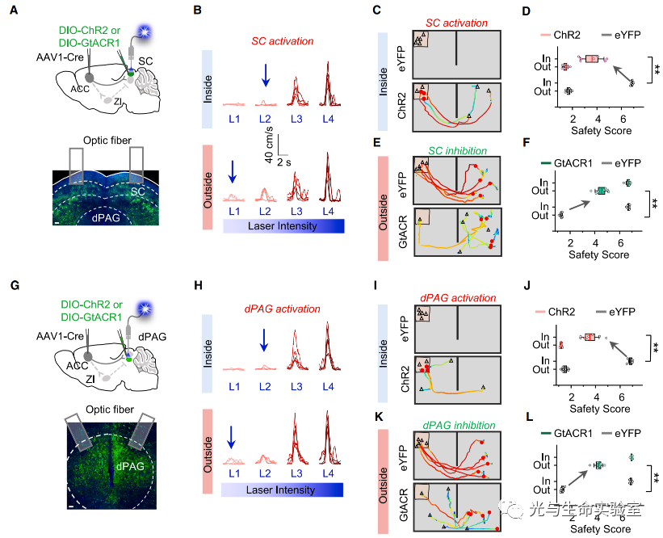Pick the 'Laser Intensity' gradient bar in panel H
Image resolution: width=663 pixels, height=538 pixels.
pos(284,490)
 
